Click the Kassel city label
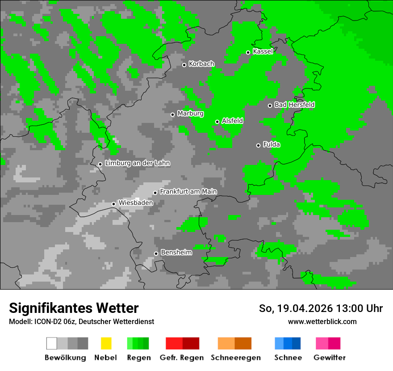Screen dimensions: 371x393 coord(263,51)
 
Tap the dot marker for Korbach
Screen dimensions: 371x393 coord(184,65)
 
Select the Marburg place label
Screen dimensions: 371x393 coord(190,114)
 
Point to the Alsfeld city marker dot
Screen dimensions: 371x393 coord(217,122)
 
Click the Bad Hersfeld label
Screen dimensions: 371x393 coord(294,105)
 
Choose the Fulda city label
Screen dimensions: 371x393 coord(272,144)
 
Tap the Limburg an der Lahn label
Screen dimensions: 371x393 coord(137,163)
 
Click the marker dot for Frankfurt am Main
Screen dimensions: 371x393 coord(155,193)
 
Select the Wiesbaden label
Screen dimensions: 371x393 coord(135,203)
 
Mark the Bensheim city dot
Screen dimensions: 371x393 coord(156,253)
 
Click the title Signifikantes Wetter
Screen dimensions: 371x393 coord(74,308)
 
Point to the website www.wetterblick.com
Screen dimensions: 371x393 coord(322,321)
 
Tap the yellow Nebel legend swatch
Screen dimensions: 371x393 coord(106,343)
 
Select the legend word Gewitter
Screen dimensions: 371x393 coord(329,358)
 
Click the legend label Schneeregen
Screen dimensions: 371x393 coord(235,358)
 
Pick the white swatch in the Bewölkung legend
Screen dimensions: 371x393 coord(52,343)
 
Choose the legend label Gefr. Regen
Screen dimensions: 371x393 coord(182,358)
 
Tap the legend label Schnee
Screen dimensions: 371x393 coord(288,358)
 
